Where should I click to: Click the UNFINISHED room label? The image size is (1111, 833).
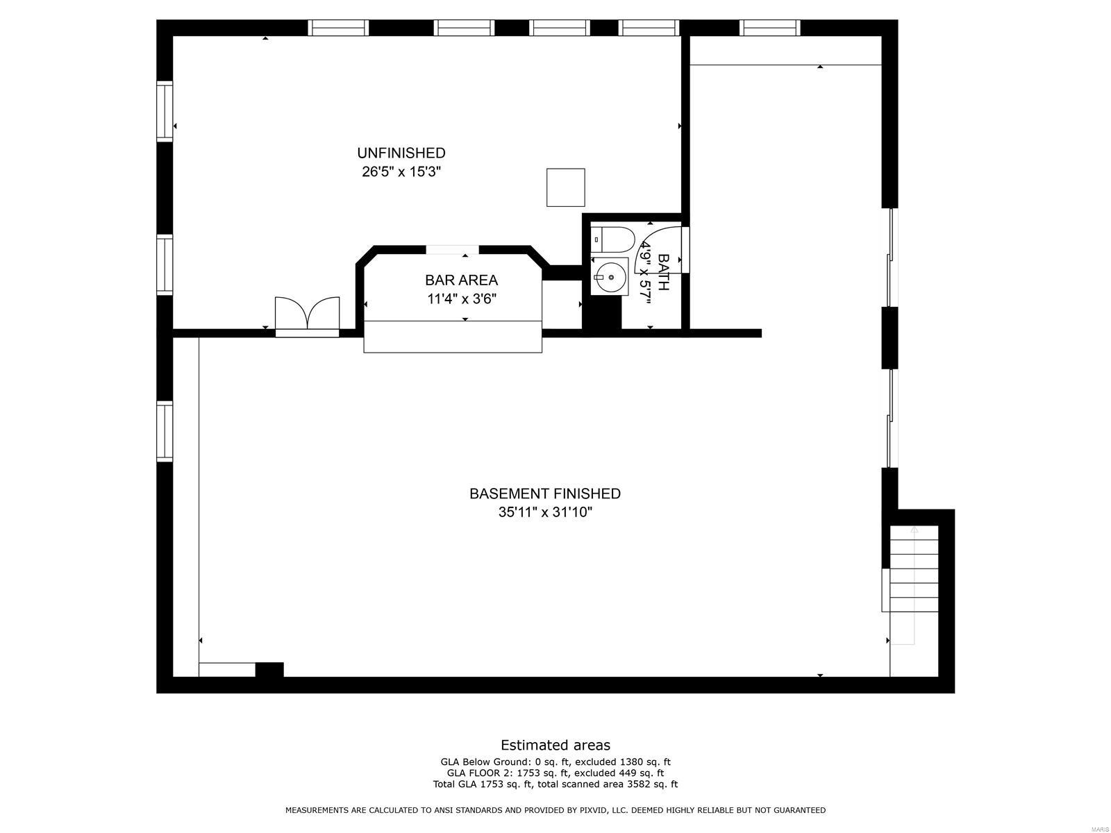click(401, 153)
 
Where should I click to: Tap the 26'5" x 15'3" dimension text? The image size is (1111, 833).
click(401, 171)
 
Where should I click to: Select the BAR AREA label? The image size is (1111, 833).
click(461, 280)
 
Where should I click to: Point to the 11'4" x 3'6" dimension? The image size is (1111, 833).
click(461, 299)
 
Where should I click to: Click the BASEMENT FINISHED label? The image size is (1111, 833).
click(544, 494)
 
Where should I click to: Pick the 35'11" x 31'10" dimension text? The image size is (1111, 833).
click(544, 512)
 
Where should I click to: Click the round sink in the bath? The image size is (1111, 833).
click(610, 277)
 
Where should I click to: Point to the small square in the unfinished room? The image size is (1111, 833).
click(565, 187)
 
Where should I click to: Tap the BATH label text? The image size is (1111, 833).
click(663, 272)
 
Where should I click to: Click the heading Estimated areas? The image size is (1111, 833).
click(555, 745)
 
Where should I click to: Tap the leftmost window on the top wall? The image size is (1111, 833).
click(337, 27)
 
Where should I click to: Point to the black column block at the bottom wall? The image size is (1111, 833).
click(269, 670)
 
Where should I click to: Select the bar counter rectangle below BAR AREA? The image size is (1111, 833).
click(452, 337)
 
